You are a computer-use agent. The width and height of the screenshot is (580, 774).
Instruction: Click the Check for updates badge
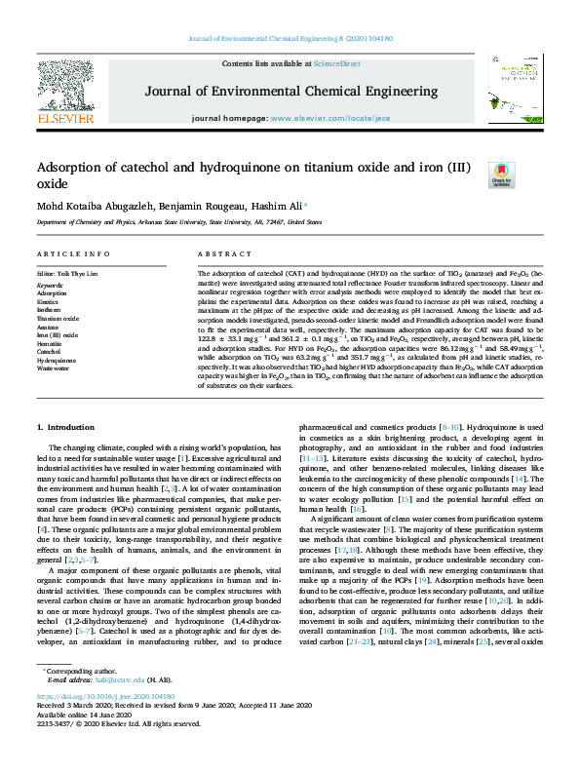(501, 174)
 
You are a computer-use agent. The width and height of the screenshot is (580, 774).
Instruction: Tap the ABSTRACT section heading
(218, 253)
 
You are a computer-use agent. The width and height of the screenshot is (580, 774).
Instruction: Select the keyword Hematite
(52, 343)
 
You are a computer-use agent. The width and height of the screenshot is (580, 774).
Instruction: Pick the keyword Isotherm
(50, 309)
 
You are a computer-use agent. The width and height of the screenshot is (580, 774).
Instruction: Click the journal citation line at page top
(290, 39)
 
